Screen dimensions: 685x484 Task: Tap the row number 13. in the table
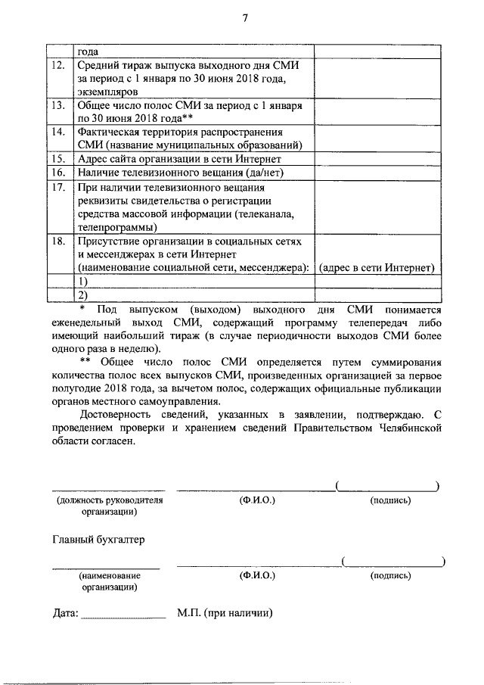pyautogui.click(x=58, y=105)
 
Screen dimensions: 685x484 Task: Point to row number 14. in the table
pyautogui.click(x=58, y=132)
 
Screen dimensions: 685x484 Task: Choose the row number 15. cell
pyautogui.click(x=58, y=159)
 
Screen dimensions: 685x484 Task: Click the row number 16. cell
pyautogui.click(x=58, y=173)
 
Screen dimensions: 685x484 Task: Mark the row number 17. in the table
pyautogui.click(x=58, y=186)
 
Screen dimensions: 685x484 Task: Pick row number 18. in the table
pyautogui.click(x=58, y=241)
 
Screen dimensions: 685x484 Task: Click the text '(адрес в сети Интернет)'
pyautogui.click(x=377, y=268)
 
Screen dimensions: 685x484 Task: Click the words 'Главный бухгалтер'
pyautogui.click(x=98, y=540)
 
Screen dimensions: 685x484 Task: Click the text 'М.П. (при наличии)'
pyautogui.click(x=225, y=614)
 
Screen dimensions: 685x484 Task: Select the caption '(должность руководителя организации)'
pyautogui.click(x=110, y=506)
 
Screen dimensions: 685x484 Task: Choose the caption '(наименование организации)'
pyautogui.click(x=109, y=581)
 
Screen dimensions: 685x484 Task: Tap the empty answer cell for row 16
pyautogui.click(x=377, y=173)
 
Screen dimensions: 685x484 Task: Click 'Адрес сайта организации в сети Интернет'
pyautogui.click(x=179, y=159)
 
